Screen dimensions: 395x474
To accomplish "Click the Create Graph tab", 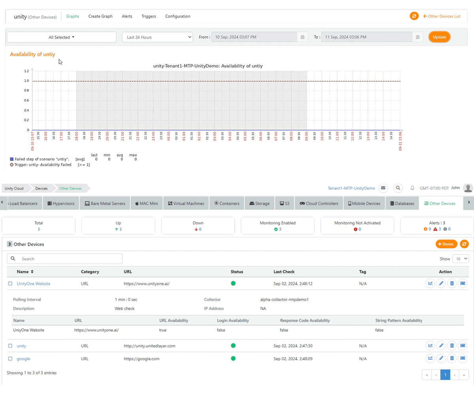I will click(100, 16).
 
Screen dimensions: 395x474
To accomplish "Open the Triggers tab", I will click(149, 16).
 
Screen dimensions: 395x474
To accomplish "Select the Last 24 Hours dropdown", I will click(157, 37).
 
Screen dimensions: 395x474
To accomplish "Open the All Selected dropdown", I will click(62, 37).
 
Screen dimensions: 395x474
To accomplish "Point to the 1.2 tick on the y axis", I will click(26, 71).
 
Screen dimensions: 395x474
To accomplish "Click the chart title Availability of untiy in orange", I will click(32, 54).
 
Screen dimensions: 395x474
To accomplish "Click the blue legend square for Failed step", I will click(12, 159).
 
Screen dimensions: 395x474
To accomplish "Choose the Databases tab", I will click(402, 203).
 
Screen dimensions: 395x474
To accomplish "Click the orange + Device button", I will click(446, 244).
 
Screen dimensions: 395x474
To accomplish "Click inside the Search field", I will click(67, 259).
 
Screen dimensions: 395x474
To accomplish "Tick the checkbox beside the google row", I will click(10, 359).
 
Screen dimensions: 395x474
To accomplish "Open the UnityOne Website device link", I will click(34, 284).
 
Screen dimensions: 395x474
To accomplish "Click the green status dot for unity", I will click(233, 346).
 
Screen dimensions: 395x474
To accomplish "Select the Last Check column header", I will click(284, 272).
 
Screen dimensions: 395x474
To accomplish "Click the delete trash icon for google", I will click(452, 359).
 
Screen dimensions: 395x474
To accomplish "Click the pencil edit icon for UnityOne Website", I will click(441, 284).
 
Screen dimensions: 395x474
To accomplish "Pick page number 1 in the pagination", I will click(445, 374).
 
